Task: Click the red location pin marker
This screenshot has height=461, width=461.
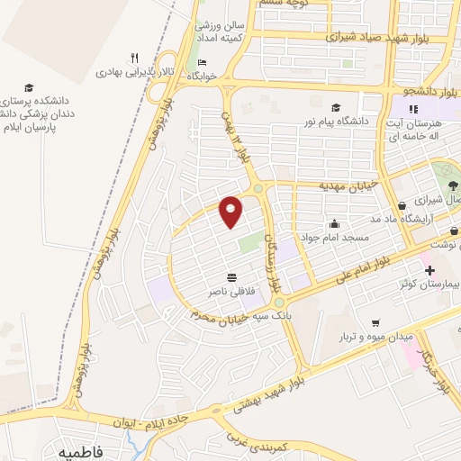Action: pos(231,212)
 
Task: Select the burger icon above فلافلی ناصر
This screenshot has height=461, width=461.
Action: pos(232,276)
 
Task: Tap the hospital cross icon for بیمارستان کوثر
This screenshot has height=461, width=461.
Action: pos(429,270)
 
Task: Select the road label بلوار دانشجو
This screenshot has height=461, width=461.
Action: pos(431,91)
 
